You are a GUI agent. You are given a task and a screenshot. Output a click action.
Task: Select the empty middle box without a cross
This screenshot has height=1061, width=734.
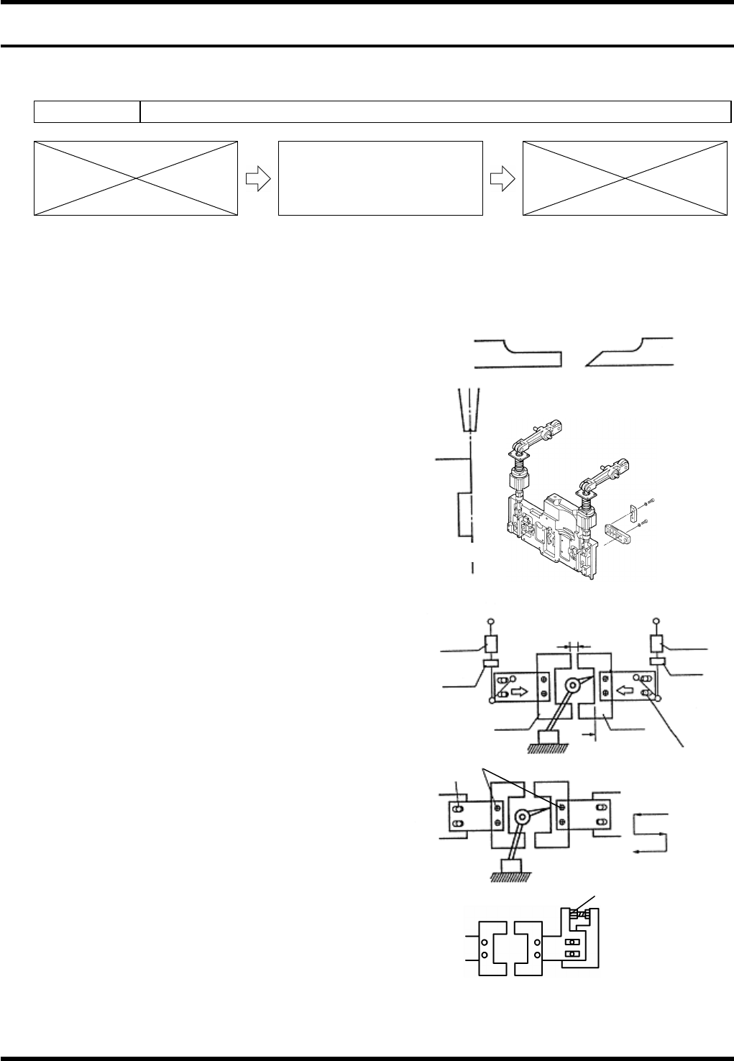380,178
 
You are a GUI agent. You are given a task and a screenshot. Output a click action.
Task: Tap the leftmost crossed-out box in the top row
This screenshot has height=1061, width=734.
136,178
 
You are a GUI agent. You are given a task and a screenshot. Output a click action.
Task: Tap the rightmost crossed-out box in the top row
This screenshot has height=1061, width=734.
624,178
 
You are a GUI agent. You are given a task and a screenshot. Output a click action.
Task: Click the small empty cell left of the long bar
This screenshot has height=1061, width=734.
87,112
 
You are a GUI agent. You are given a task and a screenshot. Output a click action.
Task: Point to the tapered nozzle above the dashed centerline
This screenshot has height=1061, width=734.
468,410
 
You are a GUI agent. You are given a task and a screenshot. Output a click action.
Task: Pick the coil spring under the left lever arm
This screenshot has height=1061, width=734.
520,477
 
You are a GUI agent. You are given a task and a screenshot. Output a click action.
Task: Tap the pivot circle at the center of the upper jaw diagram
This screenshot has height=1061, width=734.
571,684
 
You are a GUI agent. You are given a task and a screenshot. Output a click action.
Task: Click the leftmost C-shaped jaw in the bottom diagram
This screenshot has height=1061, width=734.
492,948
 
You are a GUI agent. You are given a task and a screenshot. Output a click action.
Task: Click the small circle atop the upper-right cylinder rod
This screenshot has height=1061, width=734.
656,622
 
